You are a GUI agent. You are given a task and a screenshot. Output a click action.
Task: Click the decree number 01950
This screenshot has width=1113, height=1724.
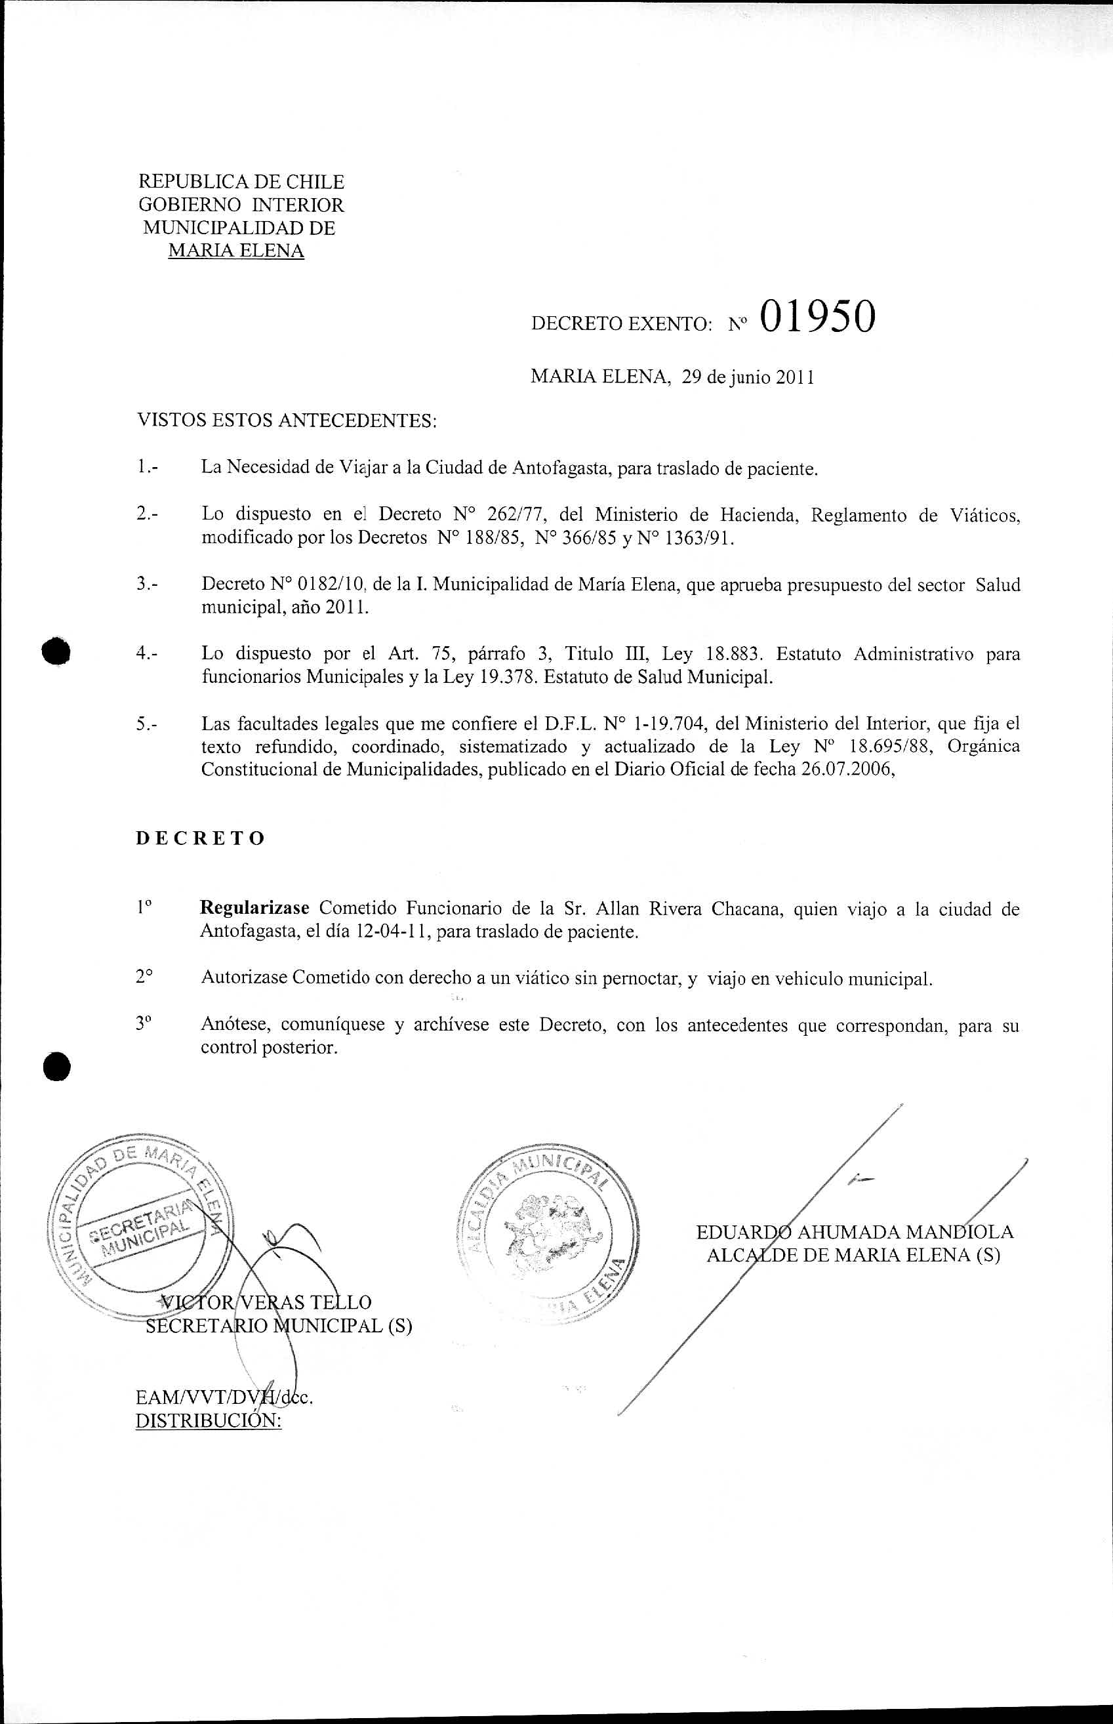point(817,318)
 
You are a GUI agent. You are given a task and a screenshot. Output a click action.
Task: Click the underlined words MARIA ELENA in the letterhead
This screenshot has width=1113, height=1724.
point(235,251)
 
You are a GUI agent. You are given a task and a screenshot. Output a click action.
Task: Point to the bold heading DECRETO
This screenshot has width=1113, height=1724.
point(200,838)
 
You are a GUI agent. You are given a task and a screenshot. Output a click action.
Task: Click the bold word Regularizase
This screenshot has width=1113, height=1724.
point(254,909)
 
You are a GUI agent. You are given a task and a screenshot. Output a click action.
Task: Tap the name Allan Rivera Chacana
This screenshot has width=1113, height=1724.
point(692,909)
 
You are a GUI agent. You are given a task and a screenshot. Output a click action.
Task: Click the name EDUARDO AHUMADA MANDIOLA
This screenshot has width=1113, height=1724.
point(855,1232)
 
